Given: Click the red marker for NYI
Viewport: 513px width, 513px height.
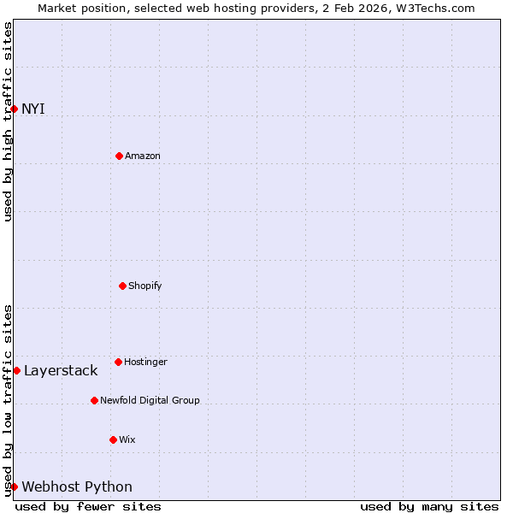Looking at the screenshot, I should (x=14, y=109).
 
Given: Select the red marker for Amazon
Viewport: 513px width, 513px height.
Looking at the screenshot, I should (x=119, y=156).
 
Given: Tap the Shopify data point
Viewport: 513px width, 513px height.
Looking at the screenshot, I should (x=122, y=286).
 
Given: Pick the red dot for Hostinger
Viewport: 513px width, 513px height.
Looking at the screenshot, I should (x=118, y=362).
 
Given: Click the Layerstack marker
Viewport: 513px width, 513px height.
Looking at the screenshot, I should (x=16, y=370).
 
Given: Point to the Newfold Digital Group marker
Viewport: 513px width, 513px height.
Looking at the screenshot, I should (x=94, y=400).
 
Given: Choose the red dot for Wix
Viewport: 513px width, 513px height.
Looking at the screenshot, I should (x=113, y=439).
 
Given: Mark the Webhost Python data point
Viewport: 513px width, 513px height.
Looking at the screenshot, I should (x=14, y=486).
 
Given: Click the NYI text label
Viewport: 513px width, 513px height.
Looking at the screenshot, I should (x=33, y=109).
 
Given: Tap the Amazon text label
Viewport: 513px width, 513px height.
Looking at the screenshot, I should (x=143, y=156).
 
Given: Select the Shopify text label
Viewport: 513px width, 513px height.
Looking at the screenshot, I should (x=145, y=286).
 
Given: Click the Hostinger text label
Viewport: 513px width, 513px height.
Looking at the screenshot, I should (x=145, y=362).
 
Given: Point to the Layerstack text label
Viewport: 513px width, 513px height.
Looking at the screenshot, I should (x=61, y=370).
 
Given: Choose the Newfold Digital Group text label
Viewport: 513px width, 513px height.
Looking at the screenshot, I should (x=150, y=400).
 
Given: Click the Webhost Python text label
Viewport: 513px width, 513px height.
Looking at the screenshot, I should (x=77, y=486).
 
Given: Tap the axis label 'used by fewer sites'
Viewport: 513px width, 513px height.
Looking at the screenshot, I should (x=88, y=506).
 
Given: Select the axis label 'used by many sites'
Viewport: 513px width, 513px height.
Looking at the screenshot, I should (x=429, y=506).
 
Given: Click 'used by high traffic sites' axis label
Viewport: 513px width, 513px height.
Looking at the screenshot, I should (x=8, y=121).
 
